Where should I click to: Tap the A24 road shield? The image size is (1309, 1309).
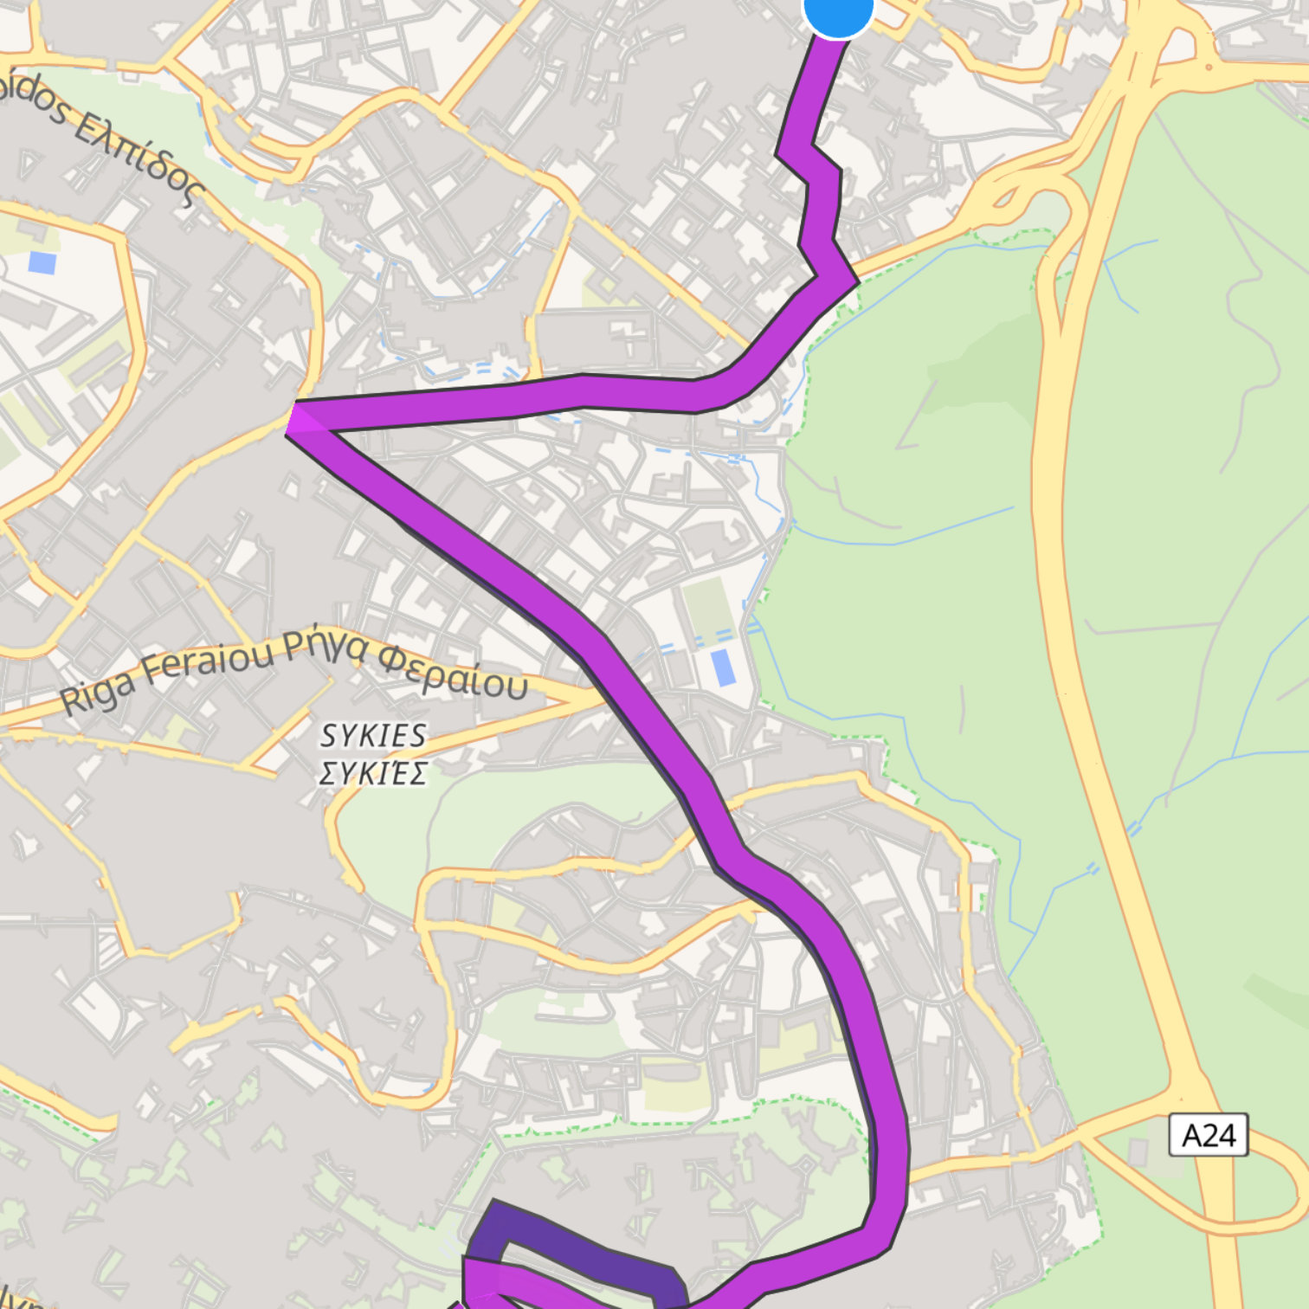click(x=1208, y=1135)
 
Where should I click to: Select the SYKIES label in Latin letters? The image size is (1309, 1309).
click(x=373, y=736)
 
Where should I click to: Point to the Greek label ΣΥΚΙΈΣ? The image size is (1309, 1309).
click(x=373, y=772)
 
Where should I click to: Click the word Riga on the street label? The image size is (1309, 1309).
click(x=98, y=693)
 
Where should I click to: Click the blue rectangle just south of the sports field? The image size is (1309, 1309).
click(x=722, y=667)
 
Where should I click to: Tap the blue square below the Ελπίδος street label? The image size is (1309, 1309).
click(x=42, y=261)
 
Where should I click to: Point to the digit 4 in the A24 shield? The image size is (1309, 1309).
click(x=1229, y=1135)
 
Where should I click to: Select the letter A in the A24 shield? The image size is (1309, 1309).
click(x=1191, y=1135)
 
